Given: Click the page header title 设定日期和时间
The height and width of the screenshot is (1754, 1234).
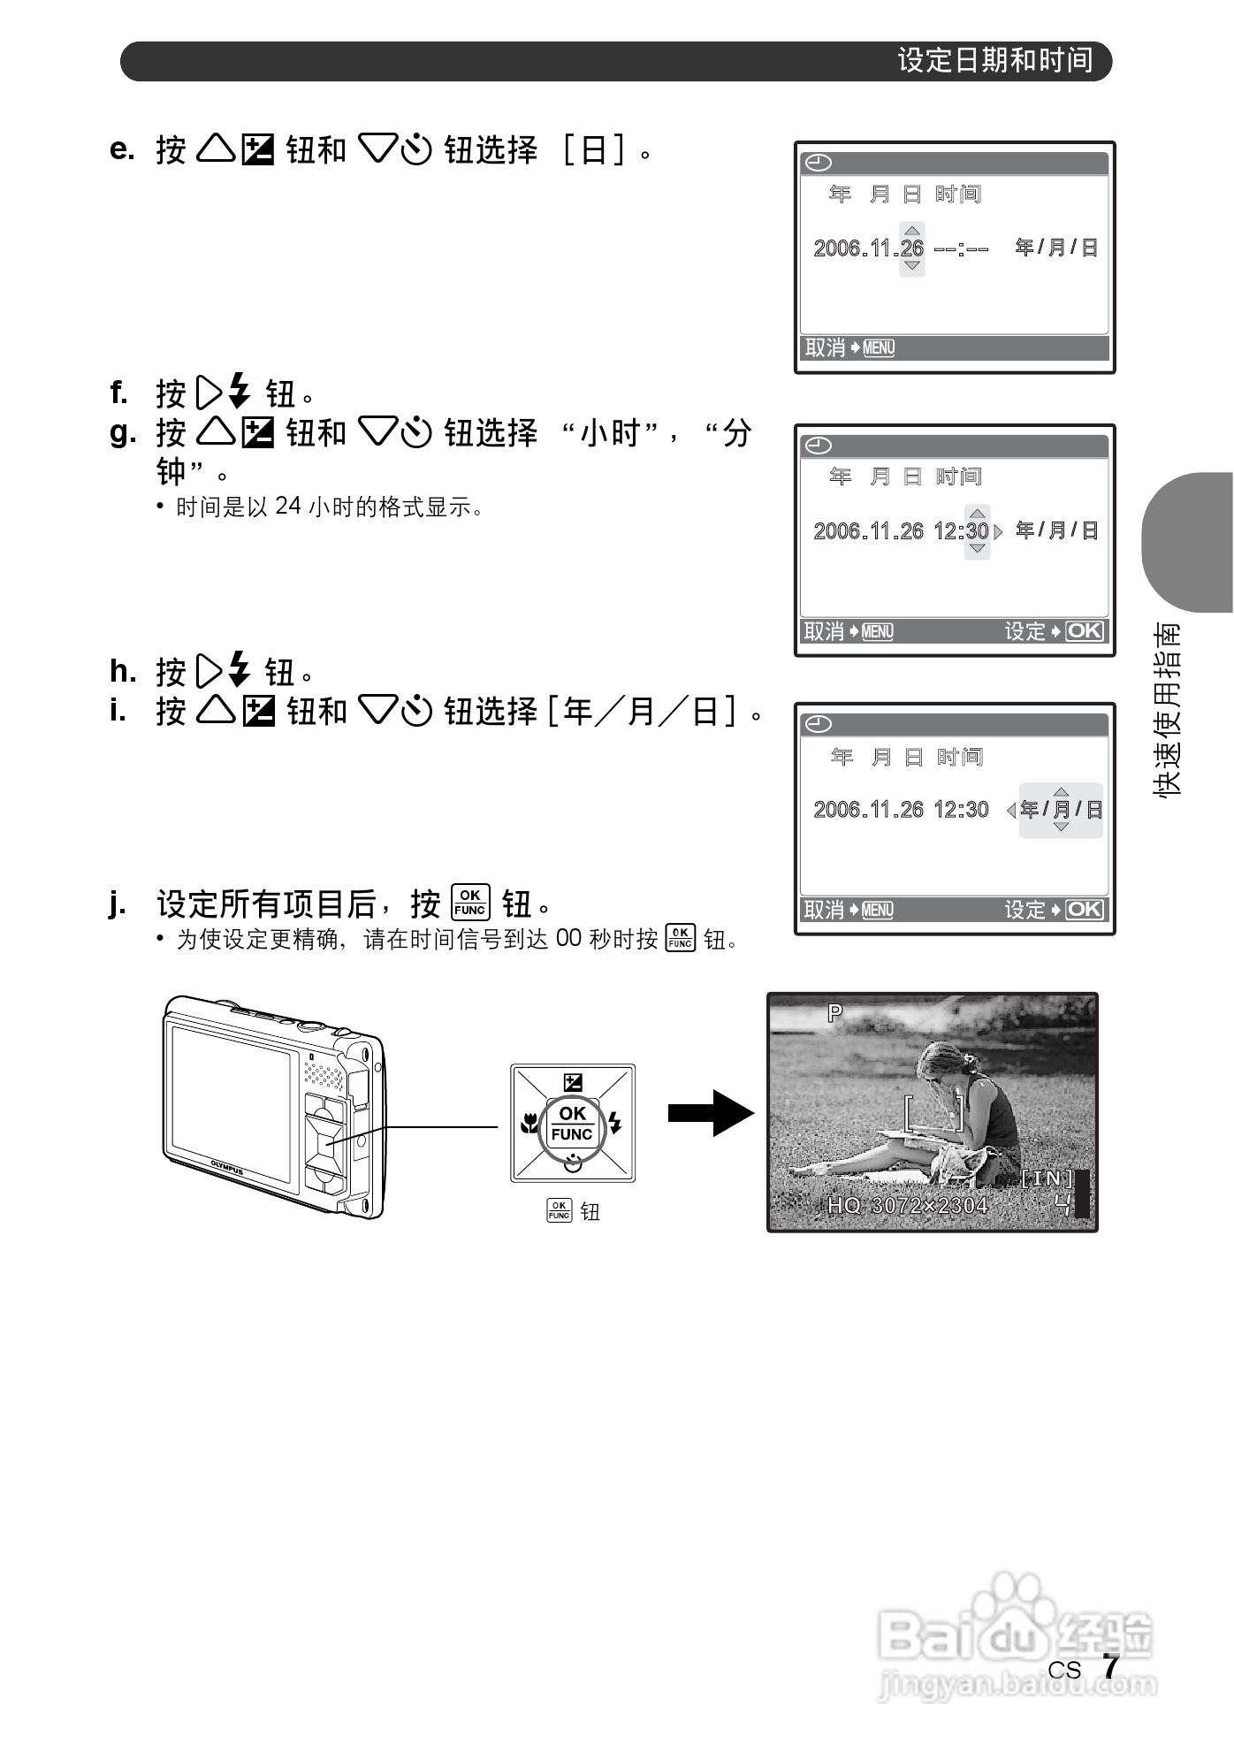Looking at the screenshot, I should tap(995, 60).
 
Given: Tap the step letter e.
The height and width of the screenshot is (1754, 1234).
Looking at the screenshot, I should tap(122, 149).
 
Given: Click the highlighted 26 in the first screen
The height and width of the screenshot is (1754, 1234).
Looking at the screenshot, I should tap(912, 248).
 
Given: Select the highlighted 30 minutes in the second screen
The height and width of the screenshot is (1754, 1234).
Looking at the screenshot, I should tap(977, 531).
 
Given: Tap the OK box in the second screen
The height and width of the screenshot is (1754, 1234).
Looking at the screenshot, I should tap(1085, 631).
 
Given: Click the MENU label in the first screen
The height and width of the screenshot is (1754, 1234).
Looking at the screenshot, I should tap(879, 348).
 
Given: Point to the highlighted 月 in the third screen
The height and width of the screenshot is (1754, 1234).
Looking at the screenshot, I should tap(1062, 810).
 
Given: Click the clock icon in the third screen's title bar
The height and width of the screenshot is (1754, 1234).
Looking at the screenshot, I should tap(819, 725).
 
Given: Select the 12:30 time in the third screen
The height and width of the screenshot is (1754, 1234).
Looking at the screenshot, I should tap(961, 810).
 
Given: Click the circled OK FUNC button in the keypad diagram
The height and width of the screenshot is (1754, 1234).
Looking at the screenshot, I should tap(572, 1124).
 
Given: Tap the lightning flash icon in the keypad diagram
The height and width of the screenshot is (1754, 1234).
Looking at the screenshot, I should tap(615, 1124).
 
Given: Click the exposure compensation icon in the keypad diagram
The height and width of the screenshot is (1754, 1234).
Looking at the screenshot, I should tap(573, 1082).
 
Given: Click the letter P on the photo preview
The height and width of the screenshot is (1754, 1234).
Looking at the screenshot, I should tap(834, 1013).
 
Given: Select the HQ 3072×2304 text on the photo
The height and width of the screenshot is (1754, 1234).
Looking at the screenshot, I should tap(907, 1205).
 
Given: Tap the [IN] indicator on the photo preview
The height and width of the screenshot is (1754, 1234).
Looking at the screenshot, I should tap(1047, 1178).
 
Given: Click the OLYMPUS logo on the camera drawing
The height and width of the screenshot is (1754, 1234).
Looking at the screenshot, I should tap(226, 1166).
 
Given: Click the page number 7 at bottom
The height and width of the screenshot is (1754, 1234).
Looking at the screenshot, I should tap(1110, 1667).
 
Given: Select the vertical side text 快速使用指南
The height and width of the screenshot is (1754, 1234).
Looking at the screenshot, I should tap(1167, 710).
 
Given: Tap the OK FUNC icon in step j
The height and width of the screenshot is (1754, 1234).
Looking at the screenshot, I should tap(469, 903).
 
